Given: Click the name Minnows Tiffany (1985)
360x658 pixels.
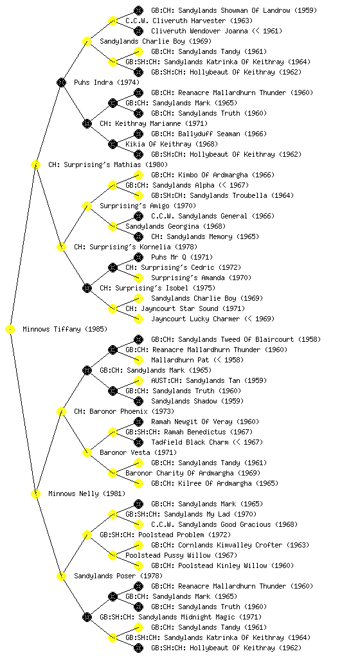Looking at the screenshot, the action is (x=65, y=329).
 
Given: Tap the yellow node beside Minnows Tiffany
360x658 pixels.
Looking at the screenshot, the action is (x=10, y=329).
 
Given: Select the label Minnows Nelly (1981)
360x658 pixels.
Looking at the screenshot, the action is (x=87, y=493).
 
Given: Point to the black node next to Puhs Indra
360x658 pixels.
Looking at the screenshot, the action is (x=61, y=82).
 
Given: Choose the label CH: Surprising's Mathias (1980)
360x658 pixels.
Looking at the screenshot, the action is (x=108, y=164).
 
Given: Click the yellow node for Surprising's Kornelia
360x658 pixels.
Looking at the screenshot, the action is (x=61, y=247).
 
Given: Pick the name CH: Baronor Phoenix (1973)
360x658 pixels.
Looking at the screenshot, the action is (x=124, y=411).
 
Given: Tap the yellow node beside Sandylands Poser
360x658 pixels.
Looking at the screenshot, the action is (x=61, y=576).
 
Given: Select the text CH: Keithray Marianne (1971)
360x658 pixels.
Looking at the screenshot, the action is (x=154, y=123).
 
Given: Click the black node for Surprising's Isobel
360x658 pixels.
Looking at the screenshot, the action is (x=87, y=288).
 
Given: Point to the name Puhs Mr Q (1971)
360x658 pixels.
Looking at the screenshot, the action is (x=182, y=257).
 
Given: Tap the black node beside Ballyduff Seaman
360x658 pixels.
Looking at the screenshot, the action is (x=138, y=134).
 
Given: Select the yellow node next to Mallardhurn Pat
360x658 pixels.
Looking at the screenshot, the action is (x=138, y=360).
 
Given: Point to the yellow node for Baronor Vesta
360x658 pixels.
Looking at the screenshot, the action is (x=87, y=452).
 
